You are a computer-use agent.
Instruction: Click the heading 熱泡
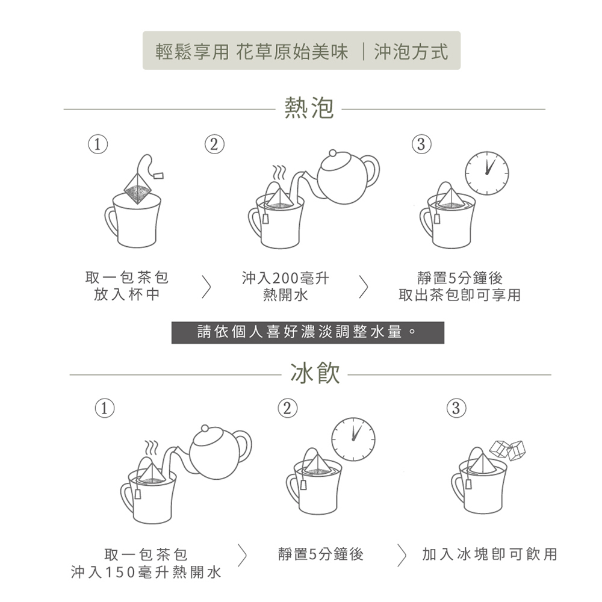tap(309, 108)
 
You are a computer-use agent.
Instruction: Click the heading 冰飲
tap(315, 373)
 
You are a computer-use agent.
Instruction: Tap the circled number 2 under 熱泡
tap(214, 144)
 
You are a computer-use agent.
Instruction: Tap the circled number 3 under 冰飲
tap(456, 408)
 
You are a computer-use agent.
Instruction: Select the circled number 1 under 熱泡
tap(98, 144)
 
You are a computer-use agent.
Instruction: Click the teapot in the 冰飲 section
tap(219, 453)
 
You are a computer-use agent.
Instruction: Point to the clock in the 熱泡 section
tap(487, 173)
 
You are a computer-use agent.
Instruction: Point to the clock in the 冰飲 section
tap(353, 439)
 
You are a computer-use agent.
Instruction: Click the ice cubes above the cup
tap(507, 450)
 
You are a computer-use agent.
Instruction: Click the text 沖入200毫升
tap(285, 278)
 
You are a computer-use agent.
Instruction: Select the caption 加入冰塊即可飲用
tap(489, 554)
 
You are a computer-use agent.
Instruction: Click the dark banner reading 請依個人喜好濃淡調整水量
tap(308, 332)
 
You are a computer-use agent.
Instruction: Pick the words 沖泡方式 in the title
tap(411, 51)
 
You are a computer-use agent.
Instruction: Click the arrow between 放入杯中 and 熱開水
tap(206, 287)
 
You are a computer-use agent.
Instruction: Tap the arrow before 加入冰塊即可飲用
tap(402, 555)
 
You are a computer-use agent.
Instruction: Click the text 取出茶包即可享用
tap(459, 295)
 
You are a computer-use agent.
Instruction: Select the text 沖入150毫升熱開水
tap(146, 572)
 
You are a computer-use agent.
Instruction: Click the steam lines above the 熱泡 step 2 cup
tap(279, 172)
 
